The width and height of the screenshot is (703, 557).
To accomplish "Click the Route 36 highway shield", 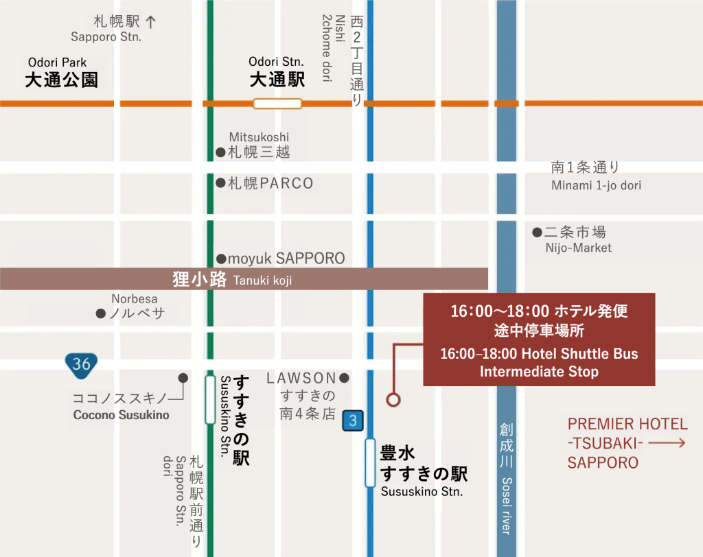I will (x=81, y=363).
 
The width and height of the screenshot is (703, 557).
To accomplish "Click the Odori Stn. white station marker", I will (x=277, y=104).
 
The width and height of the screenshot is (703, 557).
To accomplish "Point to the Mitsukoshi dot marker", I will (x=220, y=152).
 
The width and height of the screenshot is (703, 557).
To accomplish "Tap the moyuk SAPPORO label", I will (x=286, y=259).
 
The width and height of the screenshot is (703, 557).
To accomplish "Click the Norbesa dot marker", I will (x=101, y=313).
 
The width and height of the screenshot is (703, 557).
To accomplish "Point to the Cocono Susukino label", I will (x=121, y=414).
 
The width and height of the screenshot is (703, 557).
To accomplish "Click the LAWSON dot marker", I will (x=345, y=378).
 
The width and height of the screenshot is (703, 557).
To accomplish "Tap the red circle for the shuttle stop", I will (x=393, y=399).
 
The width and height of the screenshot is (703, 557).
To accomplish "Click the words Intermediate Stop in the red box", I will (x=539, y=372).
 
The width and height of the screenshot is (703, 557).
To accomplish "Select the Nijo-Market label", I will (x=577, y=248).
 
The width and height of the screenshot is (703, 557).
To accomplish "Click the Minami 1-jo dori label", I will (x=596, y=186).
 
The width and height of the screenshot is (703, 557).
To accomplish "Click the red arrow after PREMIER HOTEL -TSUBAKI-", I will (x=667, y=443).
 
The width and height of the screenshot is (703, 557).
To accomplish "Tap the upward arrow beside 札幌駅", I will (x=151, y=21).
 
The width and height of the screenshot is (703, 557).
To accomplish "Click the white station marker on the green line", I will (x=210, y=399).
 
